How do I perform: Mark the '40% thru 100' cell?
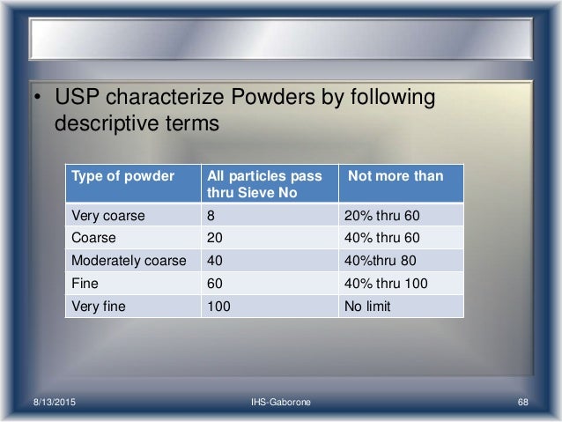[388, 285]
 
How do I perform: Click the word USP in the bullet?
[79, 95]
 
